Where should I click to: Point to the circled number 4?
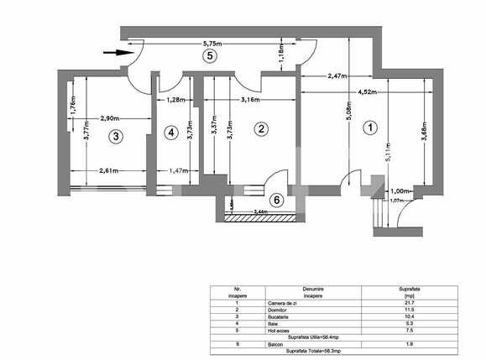pyautogui.click(x=171, y=132)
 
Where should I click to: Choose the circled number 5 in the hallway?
pyautogui.click(x=211, y=55)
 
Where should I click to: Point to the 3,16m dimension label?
pyautogui.click(x=249, y=101)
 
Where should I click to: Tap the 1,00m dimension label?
pyautogui.click(x=399, y=191)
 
